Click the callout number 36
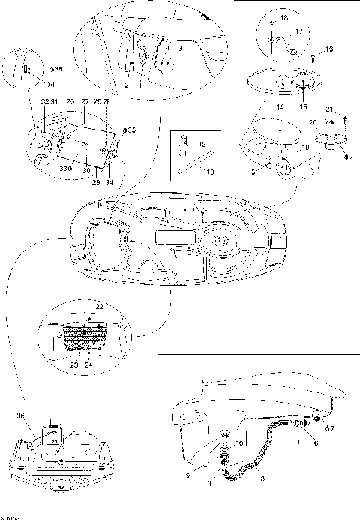pyautogui.click(x=21, y=415)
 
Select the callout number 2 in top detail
pyautogui.click(x=127, y=86)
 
